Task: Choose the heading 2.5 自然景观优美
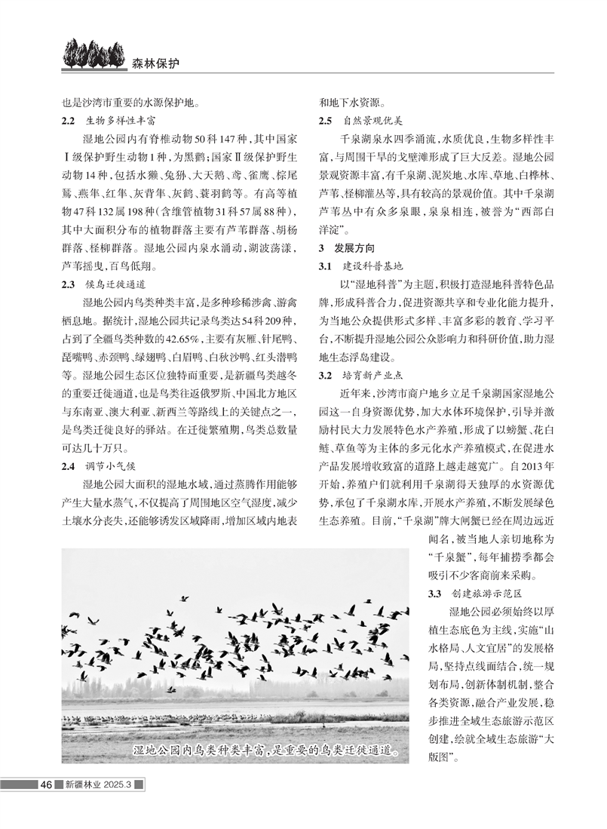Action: coord(361,120)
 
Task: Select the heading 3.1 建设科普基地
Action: coord(361,266)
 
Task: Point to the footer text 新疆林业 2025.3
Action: coord(98,784)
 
